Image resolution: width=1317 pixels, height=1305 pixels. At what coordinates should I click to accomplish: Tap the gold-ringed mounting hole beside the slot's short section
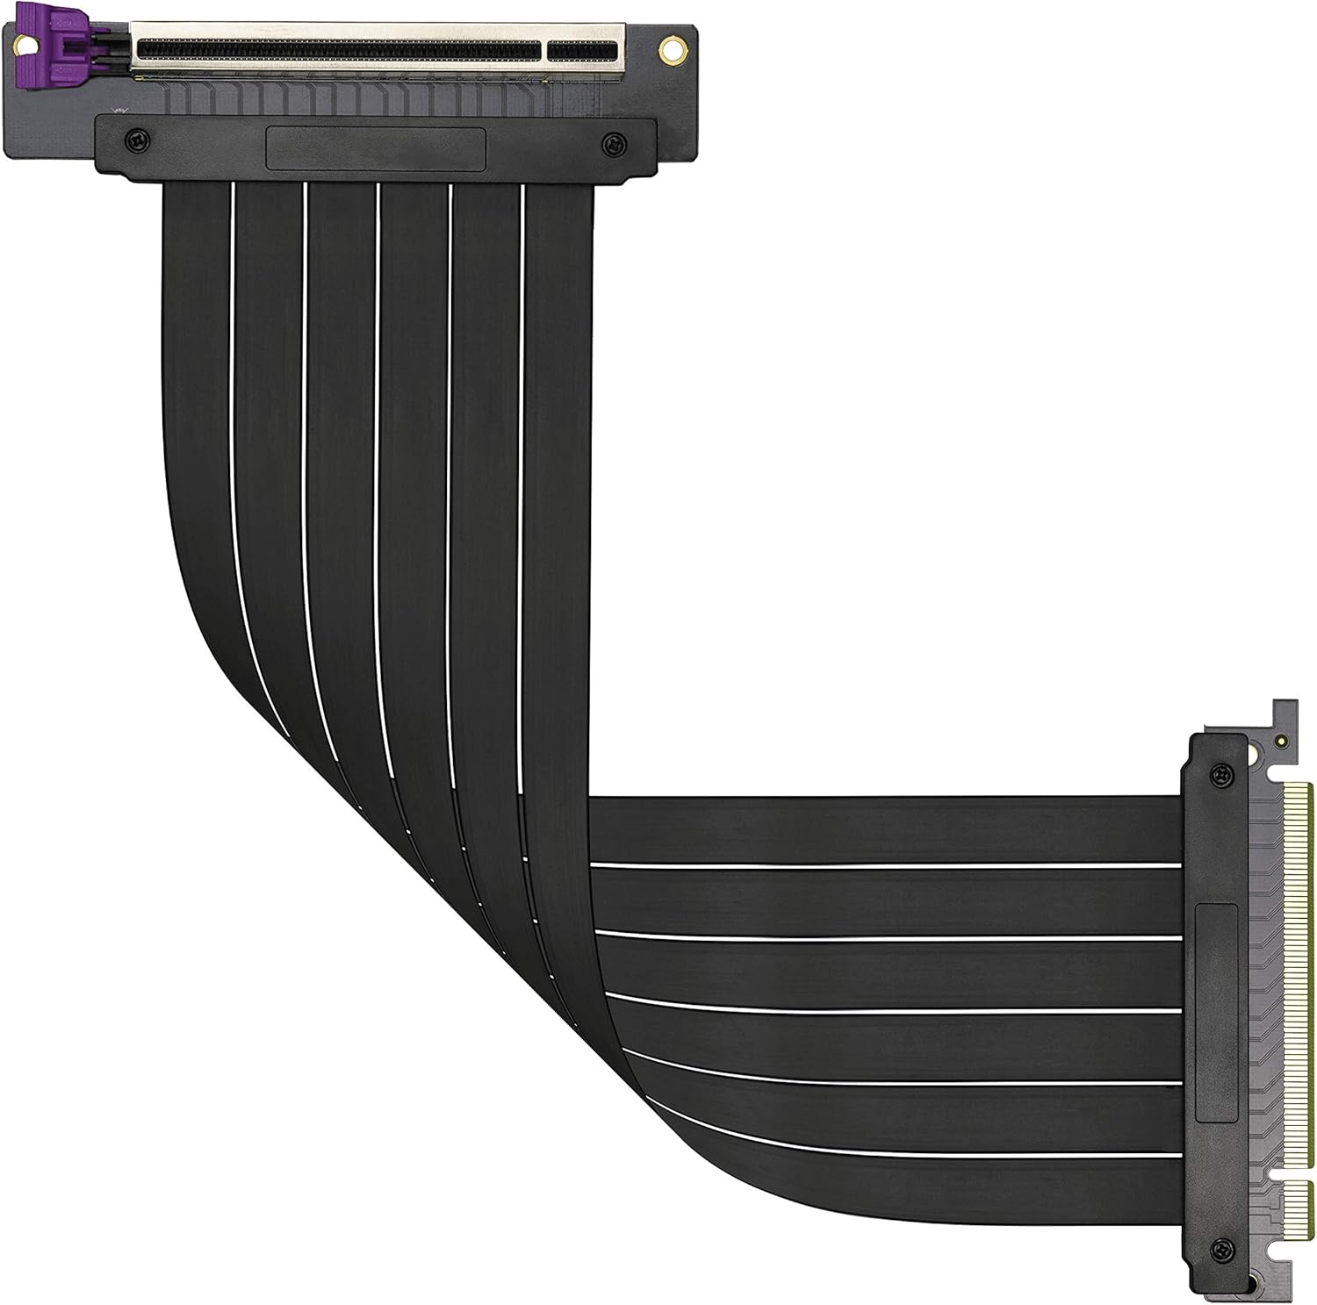(x=673, y=49)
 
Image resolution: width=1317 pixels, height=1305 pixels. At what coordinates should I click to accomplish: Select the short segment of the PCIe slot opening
(x=583, y=50)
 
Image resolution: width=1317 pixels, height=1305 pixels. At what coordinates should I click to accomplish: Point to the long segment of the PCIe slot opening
(x=334, y=50)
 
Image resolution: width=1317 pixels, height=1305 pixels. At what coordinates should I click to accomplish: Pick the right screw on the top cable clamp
(x=615, y=140)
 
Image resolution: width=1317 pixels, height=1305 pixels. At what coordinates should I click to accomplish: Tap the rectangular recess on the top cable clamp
(x=376, y=148)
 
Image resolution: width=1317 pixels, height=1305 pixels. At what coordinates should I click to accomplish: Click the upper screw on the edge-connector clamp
(x=1219, y=772)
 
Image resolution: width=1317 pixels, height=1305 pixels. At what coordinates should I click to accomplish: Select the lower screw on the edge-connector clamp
(x=1219, y=1249)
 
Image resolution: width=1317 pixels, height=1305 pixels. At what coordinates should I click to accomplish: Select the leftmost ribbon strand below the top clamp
(x=198, y=351)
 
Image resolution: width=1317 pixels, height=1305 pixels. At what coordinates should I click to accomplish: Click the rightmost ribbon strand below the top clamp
(x=558, y=351)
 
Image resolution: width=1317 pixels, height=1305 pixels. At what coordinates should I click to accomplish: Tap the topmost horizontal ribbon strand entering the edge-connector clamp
(x=878, y=829)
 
